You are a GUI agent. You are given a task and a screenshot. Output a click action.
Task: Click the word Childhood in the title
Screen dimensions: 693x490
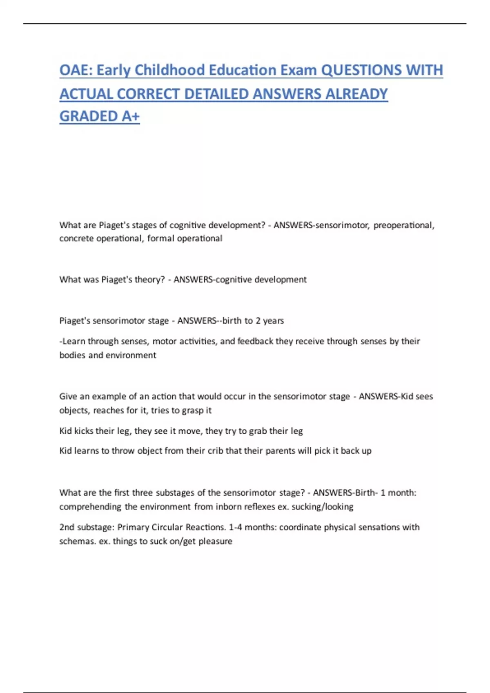tap(169, 70)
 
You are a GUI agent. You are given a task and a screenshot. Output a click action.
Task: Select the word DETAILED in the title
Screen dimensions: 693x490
tap(216, 94)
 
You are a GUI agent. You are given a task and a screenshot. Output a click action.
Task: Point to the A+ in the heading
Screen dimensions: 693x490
tap(130, 116)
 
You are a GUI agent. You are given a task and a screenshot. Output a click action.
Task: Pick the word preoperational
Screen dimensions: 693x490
tap(403, 225)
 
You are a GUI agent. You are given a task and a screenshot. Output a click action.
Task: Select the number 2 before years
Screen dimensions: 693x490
tap(258, 321)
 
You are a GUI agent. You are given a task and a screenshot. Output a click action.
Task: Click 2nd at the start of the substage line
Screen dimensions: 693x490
tap(67, 527)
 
